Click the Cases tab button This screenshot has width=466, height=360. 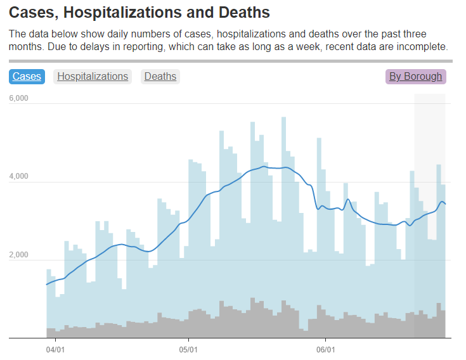27,77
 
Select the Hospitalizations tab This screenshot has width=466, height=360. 93,77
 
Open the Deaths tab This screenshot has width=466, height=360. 160,77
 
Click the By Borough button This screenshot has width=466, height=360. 415,77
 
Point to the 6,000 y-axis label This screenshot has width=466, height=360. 18,98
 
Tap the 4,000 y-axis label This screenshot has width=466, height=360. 18,176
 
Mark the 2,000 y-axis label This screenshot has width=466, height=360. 18,255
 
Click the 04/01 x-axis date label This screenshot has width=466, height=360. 55,349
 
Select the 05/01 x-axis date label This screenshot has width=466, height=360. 189,349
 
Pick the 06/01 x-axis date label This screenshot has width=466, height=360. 325,349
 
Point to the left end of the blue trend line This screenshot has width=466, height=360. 47,284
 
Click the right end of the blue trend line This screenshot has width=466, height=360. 446,203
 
